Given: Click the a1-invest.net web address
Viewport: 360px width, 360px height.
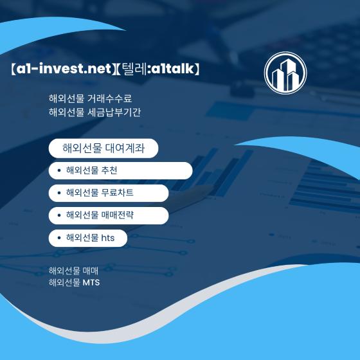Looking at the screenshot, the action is (64, 68).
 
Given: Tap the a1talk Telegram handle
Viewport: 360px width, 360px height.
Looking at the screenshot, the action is (173, 68).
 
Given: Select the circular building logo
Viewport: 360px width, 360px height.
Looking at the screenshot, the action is (285, 73).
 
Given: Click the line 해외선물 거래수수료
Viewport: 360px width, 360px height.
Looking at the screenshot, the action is (91, 98).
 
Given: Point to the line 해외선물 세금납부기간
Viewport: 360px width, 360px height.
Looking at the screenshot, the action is (94, 113).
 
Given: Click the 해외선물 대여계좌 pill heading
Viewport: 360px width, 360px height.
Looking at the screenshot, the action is (104, 148).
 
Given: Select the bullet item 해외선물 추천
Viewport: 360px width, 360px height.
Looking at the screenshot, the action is (91, 170).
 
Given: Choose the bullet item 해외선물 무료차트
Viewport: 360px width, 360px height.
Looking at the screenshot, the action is (100, 193).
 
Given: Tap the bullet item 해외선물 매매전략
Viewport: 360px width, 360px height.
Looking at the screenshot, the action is (100, 215).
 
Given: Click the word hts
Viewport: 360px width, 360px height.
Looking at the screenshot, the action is (108, 238).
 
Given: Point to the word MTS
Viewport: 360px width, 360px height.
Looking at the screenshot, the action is (91, 282).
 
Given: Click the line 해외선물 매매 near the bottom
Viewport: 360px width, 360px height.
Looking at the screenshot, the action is (73, 271).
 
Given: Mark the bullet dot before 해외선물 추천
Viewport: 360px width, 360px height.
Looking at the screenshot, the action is (59, 170).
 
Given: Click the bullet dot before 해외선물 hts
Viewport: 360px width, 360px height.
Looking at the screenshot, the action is (59, 238).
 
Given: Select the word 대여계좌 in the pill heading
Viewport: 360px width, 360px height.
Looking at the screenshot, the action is (125, 148).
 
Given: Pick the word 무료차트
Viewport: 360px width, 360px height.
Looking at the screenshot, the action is (117, 193).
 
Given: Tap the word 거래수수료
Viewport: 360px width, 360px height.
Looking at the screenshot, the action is (110, 98).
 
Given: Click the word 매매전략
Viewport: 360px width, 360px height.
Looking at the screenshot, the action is (117, 215).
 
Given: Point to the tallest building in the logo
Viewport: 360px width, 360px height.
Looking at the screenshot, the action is (286, 74).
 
